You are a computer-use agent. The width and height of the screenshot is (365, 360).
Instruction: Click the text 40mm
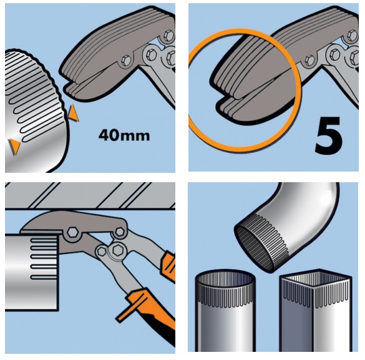tap(124, 135)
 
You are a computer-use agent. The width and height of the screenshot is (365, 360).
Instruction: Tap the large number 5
tap(329, 135)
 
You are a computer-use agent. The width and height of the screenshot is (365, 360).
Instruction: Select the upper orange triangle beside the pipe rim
tap(74, 113)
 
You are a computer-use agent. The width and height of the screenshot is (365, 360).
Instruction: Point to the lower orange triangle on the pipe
tap(14, 147)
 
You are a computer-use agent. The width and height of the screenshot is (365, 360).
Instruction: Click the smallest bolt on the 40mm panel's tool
tap(127, 61)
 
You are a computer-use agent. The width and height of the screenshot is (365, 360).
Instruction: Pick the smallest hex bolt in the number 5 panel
tap(310, 61)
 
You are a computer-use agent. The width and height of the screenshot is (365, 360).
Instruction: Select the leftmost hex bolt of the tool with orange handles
tap(72, 233)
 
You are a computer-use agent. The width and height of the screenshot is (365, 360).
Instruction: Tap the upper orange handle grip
tap(168, 265)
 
